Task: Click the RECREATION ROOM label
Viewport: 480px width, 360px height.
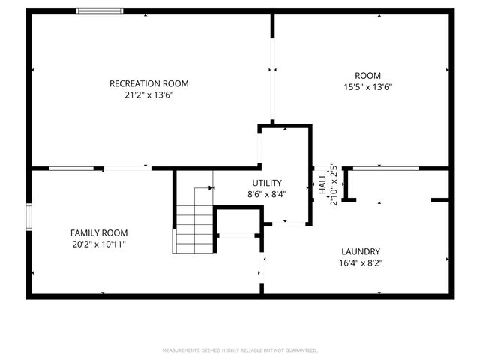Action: point(148,83)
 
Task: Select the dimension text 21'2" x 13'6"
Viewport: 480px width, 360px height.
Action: point(148,95)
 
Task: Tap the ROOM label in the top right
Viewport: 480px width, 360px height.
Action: point(367,75)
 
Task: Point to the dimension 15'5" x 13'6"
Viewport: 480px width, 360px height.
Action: point(367,87)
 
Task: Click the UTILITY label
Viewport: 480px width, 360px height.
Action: point(267,183)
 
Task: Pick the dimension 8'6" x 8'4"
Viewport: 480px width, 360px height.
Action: point(267,194)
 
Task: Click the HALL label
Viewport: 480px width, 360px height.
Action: point(322,185)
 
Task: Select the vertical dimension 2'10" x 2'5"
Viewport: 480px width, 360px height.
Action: point(334,185)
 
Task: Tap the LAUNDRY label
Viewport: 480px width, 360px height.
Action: point(361,251)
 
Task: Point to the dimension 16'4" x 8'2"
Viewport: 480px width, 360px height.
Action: point(361,263)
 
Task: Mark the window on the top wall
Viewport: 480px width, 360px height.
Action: point(100,11)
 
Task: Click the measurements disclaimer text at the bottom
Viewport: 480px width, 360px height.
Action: point(240,350)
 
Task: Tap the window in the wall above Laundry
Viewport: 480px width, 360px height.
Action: point(385,169)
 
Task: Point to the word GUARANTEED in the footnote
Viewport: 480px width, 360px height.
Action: point(301,350)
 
